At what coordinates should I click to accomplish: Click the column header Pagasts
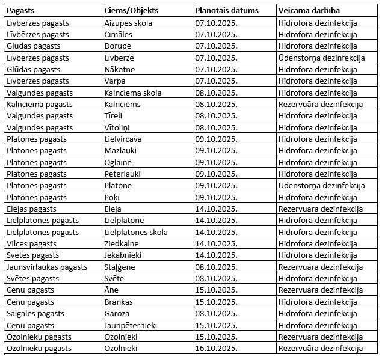(20, 11)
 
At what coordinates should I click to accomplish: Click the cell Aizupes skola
(128, 23)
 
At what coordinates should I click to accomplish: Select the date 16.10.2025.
(217, 348)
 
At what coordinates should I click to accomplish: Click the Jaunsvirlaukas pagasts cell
(47, 267)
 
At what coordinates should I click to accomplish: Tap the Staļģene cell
(120, 267)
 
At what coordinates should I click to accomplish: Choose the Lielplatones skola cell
(136, 232)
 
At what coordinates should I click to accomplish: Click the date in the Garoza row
(217, 313)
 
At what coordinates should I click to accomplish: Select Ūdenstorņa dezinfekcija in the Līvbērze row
(322, 58)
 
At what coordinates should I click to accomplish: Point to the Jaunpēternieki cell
(131, 325)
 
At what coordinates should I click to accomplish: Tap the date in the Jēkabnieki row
(217, 255)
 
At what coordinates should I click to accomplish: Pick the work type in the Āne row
(321, 290)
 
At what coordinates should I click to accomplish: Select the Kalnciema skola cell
(133, 93)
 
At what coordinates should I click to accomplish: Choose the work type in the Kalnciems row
(321, 104)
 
